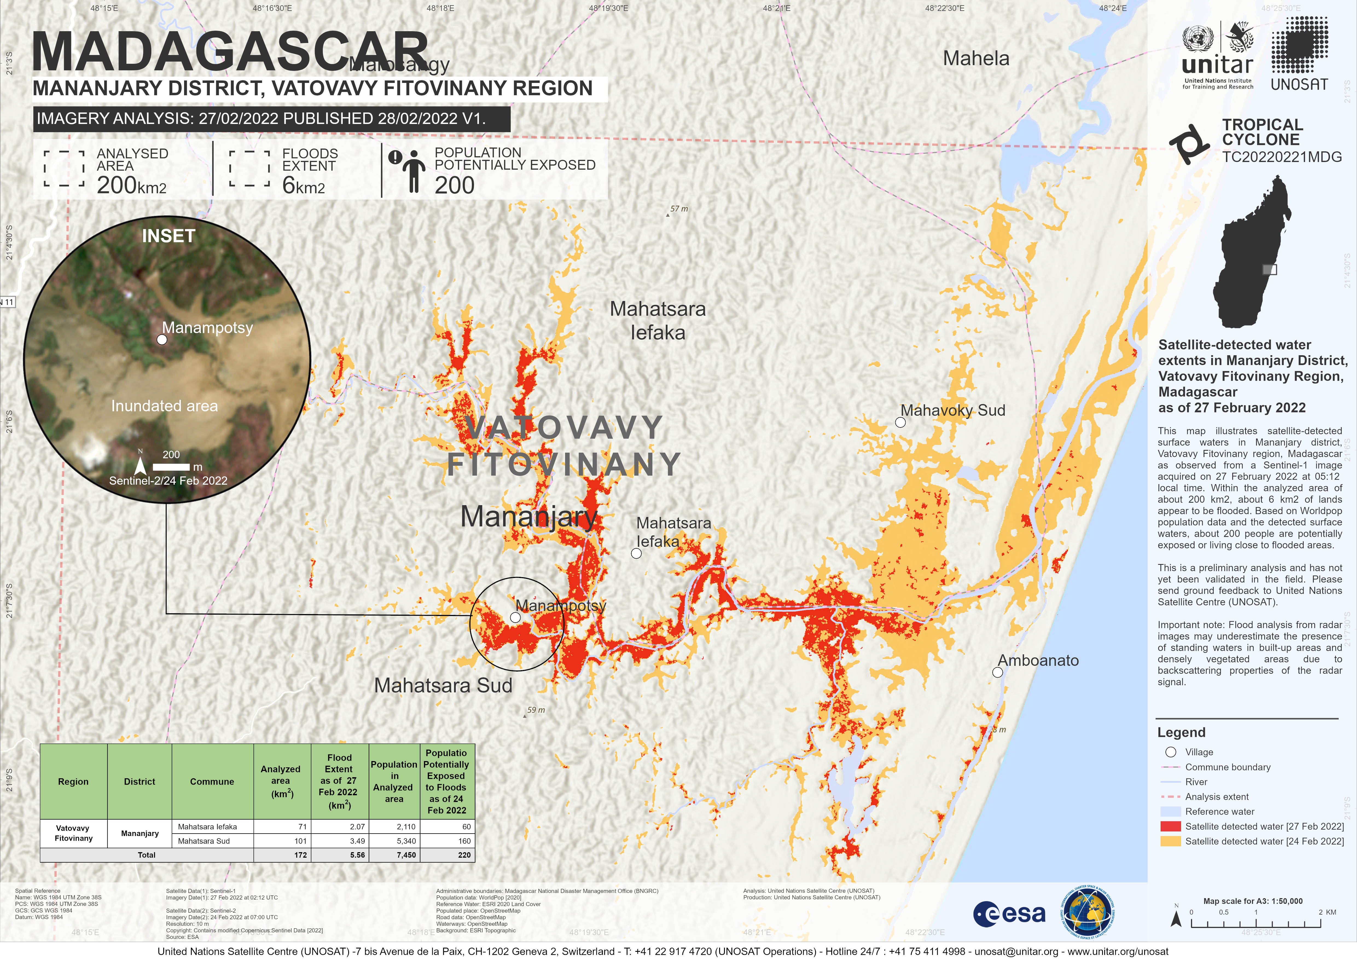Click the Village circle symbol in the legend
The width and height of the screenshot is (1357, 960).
coord(1170,752)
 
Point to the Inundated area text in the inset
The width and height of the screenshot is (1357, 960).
coord(164,406)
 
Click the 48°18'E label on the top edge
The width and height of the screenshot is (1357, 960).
coord(440,8)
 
